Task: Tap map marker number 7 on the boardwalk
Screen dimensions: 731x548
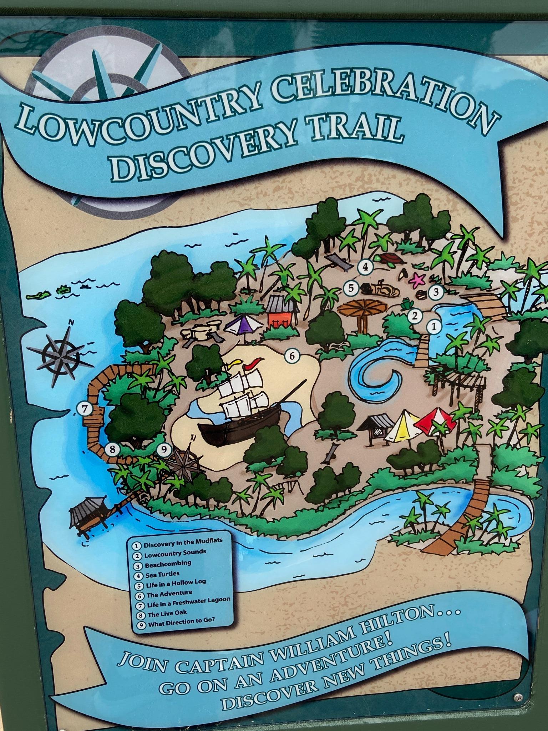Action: pos(85,410)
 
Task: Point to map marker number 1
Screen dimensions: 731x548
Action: pos(434,326)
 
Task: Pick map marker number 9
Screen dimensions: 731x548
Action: pos(164,450)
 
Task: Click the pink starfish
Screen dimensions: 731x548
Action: pos(416,281)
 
